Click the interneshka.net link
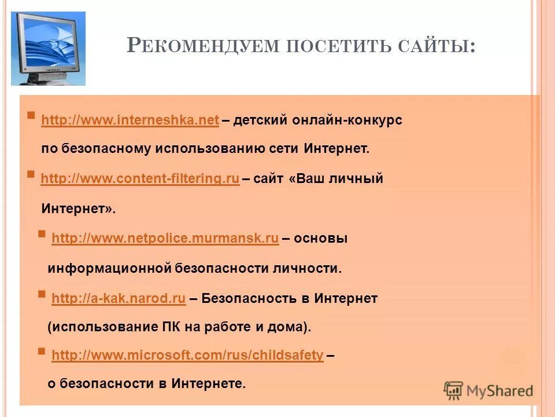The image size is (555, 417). [x=130, y=120]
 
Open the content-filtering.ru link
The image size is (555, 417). [x=140, y=179]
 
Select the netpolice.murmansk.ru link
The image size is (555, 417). [x=165, y=239]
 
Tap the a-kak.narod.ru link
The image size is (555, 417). [x=119, y=299]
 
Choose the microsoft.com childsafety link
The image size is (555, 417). [x=187, y=356]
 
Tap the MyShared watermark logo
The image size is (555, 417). [x=488, y=390]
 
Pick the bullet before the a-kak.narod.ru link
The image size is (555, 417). [x=42, y=294]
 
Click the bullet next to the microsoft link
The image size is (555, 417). [x=42, y=350]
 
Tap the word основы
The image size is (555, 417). [x=321, y=239]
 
